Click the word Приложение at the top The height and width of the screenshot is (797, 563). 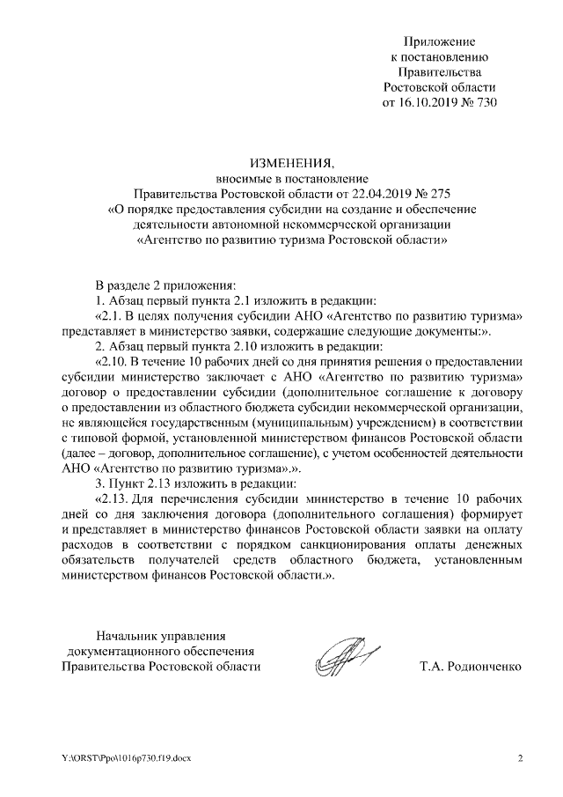pyautogui.click(x=440, y=41)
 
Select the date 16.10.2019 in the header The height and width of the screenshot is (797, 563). pyautogui.click(x=429, y=102)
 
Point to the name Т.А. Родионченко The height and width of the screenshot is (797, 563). pyautogui.click(x=472, y=667)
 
